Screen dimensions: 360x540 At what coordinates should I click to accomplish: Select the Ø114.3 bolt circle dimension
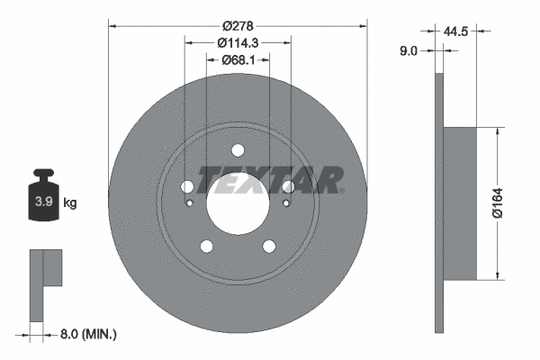238,41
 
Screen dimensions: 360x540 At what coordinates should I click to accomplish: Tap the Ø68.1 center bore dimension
238,60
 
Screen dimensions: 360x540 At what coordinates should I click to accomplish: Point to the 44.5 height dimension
457,31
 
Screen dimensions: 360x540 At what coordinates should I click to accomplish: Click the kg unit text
70,202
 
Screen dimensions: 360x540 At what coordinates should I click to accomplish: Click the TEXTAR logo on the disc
270,180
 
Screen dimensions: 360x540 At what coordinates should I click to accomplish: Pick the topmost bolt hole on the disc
238,150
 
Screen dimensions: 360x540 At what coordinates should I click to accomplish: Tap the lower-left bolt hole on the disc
207,246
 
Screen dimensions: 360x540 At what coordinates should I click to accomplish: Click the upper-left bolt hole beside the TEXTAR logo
187,187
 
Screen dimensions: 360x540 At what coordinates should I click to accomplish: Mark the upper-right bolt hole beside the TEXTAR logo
288,187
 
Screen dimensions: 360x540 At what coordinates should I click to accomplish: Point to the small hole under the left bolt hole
189,203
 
